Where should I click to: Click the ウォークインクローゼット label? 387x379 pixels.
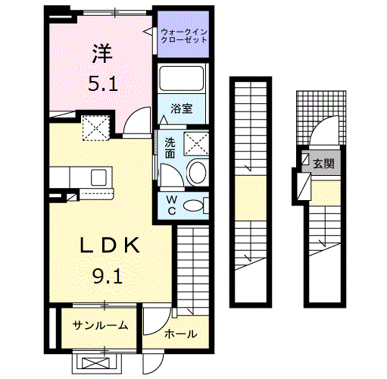(183, 35)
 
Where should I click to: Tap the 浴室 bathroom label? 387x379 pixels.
(182, 108)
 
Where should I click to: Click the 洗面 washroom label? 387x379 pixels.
(170, 148)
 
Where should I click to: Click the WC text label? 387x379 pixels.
(171, 206)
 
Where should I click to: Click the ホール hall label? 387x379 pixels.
(180, 334)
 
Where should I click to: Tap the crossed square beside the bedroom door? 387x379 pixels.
(97, 127)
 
